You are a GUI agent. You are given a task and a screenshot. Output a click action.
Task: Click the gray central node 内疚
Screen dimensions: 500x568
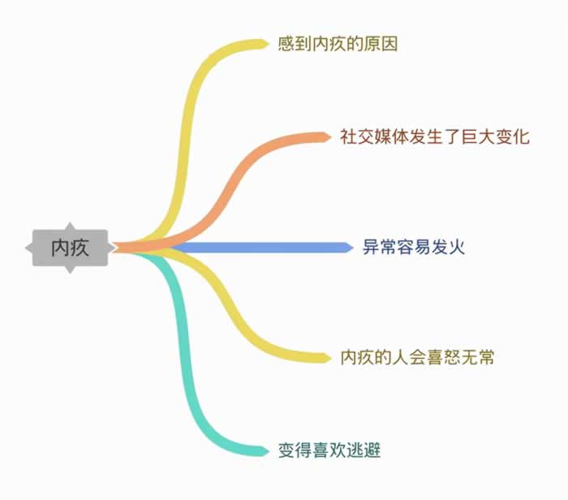[x=70, y=248]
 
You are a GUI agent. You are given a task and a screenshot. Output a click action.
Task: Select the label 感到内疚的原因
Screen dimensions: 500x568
[x=337, y=44]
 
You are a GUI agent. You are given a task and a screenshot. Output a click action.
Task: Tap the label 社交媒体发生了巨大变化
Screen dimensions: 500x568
[x=435, y=136]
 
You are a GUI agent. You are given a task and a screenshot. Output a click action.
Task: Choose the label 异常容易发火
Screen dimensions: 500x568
[x=413, y=248]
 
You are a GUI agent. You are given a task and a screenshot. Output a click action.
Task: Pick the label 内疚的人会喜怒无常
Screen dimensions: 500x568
[x=417, y=357]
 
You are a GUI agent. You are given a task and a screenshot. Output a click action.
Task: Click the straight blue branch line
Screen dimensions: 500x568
[x=260, y=248]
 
